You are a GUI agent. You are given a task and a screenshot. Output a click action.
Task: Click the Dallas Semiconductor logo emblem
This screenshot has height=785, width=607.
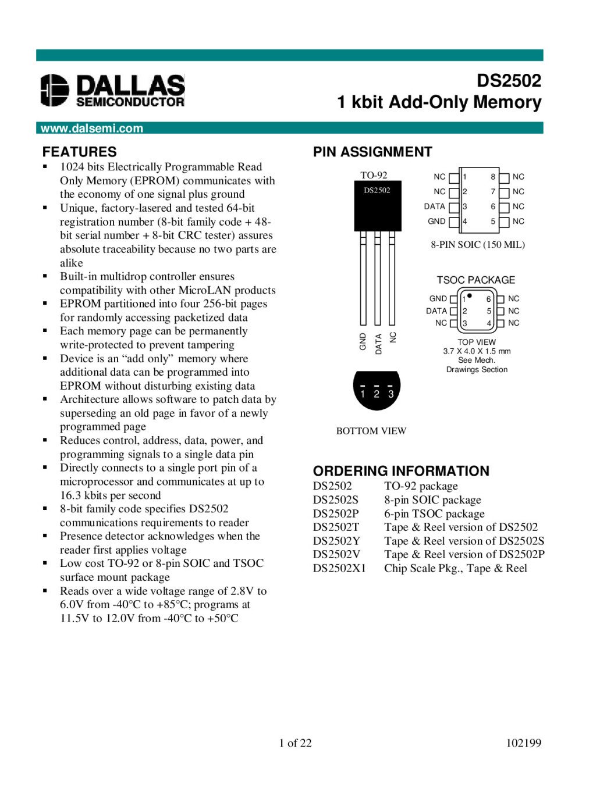click(55, 90)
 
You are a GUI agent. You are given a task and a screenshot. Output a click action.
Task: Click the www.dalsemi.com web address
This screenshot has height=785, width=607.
click(91, 129)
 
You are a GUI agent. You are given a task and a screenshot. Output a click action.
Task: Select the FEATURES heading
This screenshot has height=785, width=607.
click(79, 152)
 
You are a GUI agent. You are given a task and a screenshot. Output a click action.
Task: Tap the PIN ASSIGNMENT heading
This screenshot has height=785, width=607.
click(372, 152)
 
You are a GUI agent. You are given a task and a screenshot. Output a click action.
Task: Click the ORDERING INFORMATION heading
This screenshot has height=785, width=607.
click(401, 471)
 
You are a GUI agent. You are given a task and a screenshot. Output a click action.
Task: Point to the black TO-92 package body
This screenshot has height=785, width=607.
click(377, 206)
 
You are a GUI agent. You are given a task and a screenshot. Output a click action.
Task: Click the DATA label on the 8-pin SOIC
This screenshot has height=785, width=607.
click(434, 206)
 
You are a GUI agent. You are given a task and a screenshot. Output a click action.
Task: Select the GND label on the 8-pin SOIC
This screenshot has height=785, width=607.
click(436, 222)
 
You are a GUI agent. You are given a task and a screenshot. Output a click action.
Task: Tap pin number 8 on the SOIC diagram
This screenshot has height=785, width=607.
click(493, 177)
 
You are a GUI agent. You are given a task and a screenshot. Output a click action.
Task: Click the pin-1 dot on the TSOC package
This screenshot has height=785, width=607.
click(470, 295)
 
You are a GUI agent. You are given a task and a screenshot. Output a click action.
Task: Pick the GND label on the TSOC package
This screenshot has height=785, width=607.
click(438, 298)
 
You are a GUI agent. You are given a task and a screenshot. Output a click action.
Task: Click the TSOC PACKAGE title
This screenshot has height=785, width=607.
click(476, 280)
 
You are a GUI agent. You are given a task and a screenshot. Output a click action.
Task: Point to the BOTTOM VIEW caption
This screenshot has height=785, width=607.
click(371, 431)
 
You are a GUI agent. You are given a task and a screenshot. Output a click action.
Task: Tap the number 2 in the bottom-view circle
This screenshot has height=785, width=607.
click(377, 394)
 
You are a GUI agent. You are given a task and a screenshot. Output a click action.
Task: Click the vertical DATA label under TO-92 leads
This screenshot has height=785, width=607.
click(378, 344)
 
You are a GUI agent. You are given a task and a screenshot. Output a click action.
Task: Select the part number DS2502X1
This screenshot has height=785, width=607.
click(339, 568)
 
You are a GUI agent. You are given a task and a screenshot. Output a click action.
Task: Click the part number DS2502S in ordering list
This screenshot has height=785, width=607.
click(336, 499)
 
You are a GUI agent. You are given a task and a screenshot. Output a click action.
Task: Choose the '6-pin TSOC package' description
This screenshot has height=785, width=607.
click(434, 513)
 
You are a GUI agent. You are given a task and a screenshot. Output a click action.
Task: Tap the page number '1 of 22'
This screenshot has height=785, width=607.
click(295, 743)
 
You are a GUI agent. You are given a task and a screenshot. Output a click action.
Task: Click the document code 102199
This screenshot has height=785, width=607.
click(523, 743)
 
